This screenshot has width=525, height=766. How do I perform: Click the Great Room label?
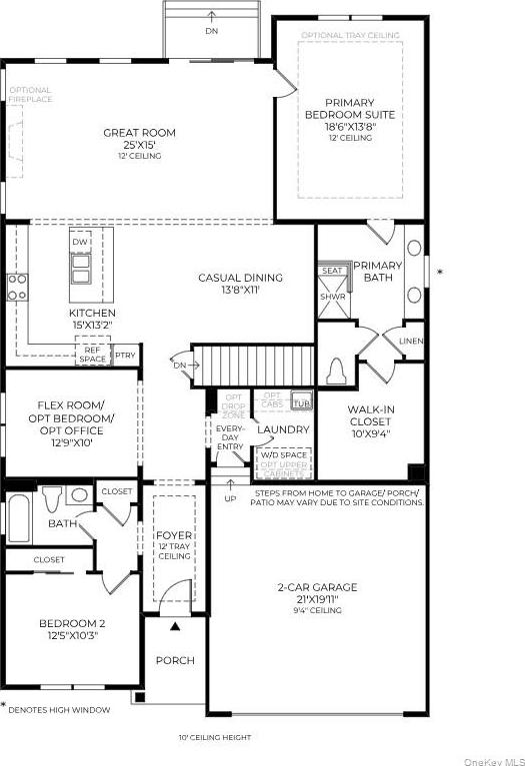click(139, 133)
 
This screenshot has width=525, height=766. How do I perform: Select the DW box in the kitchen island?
click(81, 243)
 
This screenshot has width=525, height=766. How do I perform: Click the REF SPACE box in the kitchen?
click(92, 354)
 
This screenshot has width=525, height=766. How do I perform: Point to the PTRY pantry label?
click(125, 355)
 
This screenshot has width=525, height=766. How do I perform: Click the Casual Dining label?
click(240, 278)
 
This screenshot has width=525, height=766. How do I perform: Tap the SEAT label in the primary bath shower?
click(331, 270)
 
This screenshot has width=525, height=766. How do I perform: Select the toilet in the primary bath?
click(337, 371)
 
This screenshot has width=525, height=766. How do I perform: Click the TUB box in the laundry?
click(300, 401)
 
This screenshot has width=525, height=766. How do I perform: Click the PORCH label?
click(174, 660)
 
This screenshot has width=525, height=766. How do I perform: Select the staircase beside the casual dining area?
click(253, 364)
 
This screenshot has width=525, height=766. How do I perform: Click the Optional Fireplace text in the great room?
click(30, 95)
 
